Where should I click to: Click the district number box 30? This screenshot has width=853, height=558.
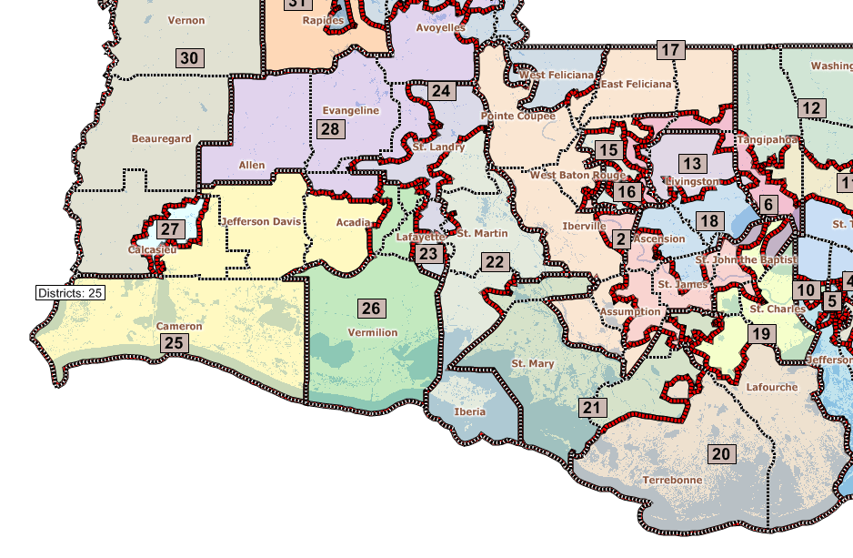coord(189,58)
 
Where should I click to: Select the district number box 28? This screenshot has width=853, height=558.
coord(330,129)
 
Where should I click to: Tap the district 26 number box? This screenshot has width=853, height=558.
coord(371,308)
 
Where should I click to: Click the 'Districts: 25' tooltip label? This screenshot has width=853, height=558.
coord(71,293)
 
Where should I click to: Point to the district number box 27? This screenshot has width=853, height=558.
coord(170,229)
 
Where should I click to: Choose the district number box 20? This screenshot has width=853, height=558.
coord(720,453)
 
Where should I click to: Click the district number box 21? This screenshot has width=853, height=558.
coord(593,408)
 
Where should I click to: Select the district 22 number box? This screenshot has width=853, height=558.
coord(495,262)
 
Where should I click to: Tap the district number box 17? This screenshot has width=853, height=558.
coord(670,50)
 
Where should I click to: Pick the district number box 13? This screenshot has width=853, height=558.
coord(693,164)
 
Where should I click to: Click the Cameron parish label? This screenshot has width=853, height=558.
coord(179,326)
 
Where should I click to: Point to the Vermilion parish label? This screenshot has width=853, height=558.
coord(373,332)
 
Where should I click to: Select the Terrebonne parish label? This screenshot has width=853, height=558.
coord(672,480)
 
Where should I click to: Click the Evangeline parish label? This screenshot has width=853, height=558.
coord(350,110)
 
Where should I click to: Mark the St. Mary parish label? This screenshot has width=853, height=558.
coord(532,364)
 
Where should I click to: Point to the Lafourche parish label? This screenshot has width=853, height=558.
coord(771,387)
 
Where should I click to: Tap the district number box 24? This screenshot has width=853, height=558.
coord(441,91)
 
